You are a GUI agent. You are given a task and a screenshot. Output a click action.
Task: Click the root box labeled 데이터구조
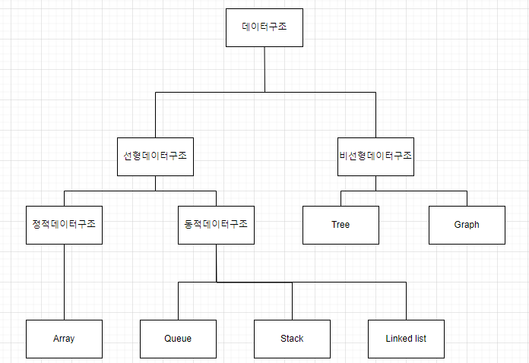pyautogui.click(x=264, y=27)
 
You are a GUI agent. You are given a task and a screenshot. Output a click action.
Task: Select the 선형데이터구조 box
pyautogui.click(x=155, y=156)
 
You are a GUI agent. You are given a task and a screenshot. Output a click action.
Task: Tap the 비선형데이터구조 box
pyautogui.click(x=375, y=156)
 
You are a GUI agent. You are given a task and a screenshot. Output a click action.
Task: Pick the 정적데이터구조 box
pyautogui.click(x=64, y=225)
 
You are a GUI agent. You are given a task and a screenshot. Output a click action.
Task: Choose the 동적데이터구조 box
pyautogui.click(x=216, y=225)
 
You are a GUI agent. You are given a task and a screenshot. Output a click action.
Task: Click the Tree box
pyautogui.click(x=341, y=225)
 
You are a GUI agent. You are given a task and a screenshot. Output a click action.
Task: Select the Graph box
pyautogui.click(x=467, y=225)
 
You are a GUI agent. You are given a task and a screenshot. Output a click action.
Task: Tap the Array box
pyautogui.click(x=64, y=339)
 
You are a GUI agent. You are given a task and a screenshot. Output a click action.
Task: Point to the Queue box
pyautogui.click(x=178, y=339)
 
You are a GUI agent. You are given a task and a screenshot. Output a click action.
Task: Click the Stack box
pyautogui.click(x=292, y=339)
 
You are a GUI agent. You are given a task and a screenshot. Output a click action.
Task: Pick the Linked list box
pyautogui.click(x=406, y=339)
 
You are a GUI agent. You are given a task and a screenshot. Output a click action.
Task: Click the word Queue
pyautogui.click(x=178, y=339)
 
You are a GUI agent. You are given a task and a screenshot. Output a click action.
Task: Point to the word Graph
pyautogui.click(x=467, y=225)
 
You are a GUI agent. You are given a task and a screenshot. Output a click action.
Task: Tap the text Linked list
pyautogui.click(x=406, y=339)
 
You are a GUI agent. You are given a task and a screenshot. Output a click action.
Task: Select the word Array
pyautogui.click(x=64, y=339)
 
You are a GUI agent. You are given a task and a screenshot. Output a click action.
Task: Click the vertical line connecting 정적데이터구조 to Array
pyautogui.click(x=64, y=281)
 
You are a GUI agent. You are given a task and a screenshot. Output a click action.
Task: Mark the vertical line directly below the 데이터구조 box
pyautogui.click(x=264, y=68)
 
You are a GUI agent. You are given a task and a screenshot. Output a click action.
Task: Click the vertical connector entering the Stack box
pyautogui.click(x=292, y=301)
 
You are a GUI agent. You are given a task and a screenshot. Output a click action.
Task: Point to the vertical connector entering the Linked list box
pyautogui.click(x=406, y=301)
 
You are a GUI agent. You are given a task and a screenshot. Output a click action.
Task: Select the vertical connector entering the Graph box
pyautogui.click(x=467, y=197)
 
